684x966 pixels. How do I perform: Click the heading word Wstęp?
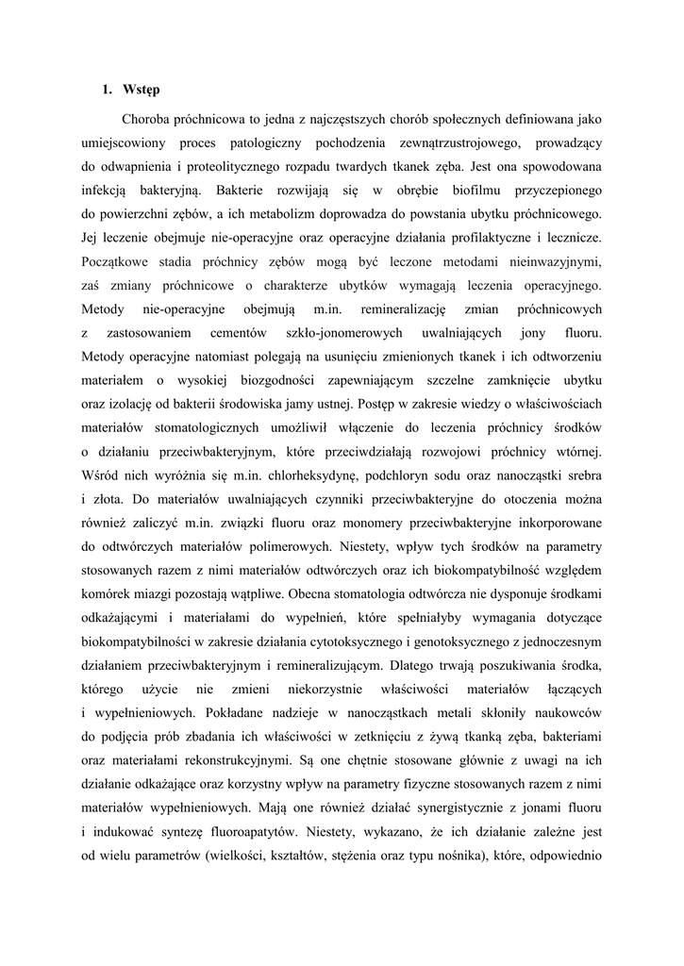pyautogui.click(x=142, y=90)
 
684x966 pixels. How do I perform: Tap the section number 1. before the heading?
pyautogui.click(x=108, y=90)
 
